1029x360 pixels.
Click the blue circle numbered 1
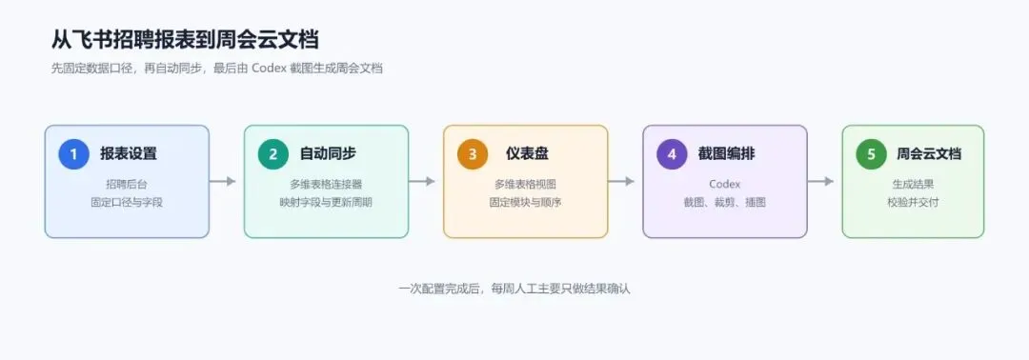pos(73,154)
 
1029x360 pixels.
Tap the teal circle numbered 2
pos(273,154)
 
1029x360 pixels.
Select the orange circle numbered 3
pos(473,154)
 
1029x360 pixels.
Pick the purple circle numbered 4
pos(672,154)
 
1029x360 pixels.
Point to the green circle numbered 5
pos(872,154)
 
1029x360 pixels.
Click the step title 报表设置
pos(129,154)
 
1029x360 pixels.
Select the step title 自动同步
pos(328,154)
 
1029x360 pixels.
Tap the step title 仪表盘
pos(527,154)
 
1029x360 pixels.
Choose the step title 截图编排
pos(726,154)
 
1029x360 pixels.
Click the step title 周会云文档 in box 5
pos(929,154)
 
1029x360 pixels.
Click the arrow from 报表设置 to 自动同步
pos(222,181)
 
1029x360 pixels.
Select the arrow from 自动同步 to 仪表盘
pos(422,181)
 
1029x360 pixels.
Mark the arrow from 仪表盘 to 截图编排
pos(621,181)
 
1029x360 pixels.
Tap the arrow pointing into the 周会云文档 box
pos(821,181)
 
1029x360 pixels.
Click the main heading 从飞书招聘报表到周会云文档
pos(185,39)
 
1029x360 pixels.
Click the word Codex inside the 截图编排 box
pos(724,184)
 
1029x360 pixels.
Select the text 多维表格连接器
pos(326,184)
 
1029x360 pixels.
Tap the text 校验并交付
pos(913,203)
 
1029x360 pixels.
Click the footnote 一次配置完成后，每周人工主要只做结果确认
pos(514,289)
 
